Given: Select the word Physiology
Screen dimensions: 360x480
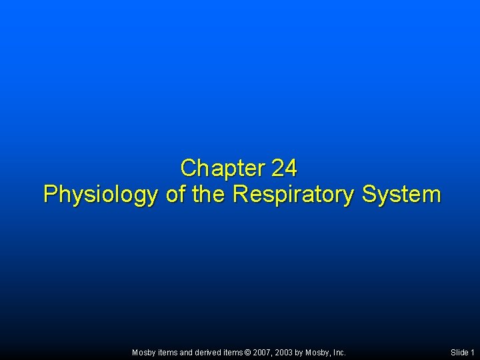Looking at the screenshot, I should tap(100, 195).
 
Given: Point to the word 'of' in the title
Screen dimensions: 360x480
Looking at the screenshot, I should tap(176, 195).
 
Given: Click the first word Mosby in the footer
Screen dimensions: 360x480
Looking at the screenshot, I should tap(143, 352).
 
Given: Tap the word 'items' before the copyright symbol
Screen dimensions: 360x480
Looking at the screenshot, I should tap(233, 352).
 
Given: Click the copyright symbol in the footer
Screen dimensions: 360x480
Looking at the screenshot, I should tap(249, 352).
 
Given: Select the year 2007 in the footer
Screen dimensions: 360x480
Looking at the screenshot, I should tap(263, 352).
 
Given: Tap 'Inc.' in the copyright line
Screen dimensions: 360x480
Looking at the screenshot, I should tap(339, 352).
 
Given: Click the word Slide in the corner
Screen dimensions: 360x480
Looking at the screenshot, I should tap(459, 352).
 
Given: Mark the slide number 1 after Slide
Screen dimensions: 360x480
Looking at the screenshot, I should tap(473, 352).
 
